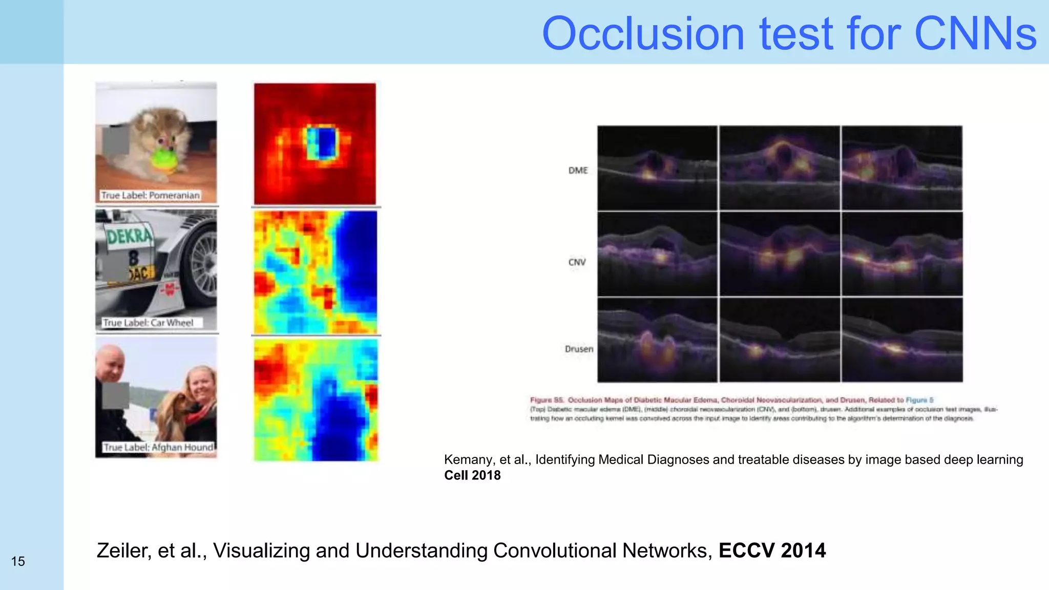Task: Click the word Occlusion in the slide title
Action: [x=643, y=34]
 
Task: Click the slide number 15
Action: [x=18, y=561]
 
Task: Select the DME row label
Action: [x=578, y=171]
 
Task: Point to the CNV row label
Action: [x=577, y=262]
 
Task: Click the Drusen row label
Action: [x=579, y=349]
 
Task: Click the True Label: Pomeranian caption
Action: [x=150, y=195]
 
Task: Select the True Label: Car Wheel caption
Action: [x=149, y=323]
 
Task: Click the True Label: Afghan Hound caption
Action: [x=158, y=447]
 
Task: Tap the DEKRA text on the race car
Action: [x=129, y=236]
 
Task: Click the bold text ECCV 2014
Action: [x=771, y=551]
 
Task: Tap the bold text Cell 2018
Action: [x=472, y=475]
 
